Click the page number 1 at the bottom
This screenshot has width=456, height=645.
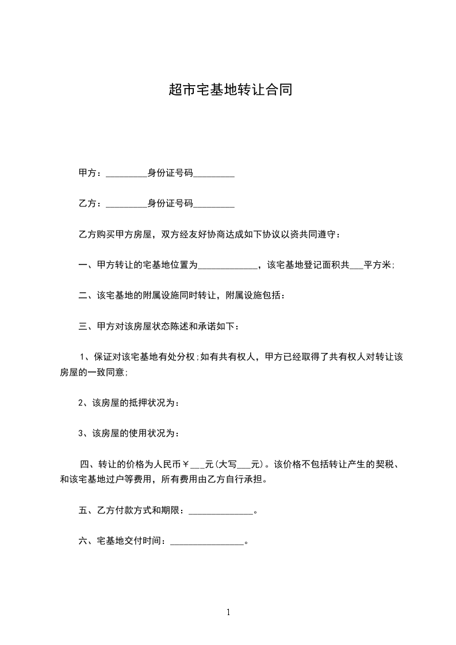tap(228, 612)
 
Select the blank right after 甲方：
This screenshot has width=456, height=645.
tap(127, 174)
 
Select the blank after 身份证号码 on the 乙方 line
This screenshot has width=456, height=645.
tap(213, 204)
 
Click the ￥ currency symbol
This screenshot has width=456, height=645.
tap(186, 464)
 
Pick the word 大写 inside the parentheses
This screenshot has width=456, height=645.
tap(228, 464)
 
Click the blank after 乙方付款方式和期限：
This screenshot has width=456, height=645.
tap(221, 511)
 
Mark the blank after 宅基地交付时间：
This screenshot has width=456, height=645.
tap(208, 542)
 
